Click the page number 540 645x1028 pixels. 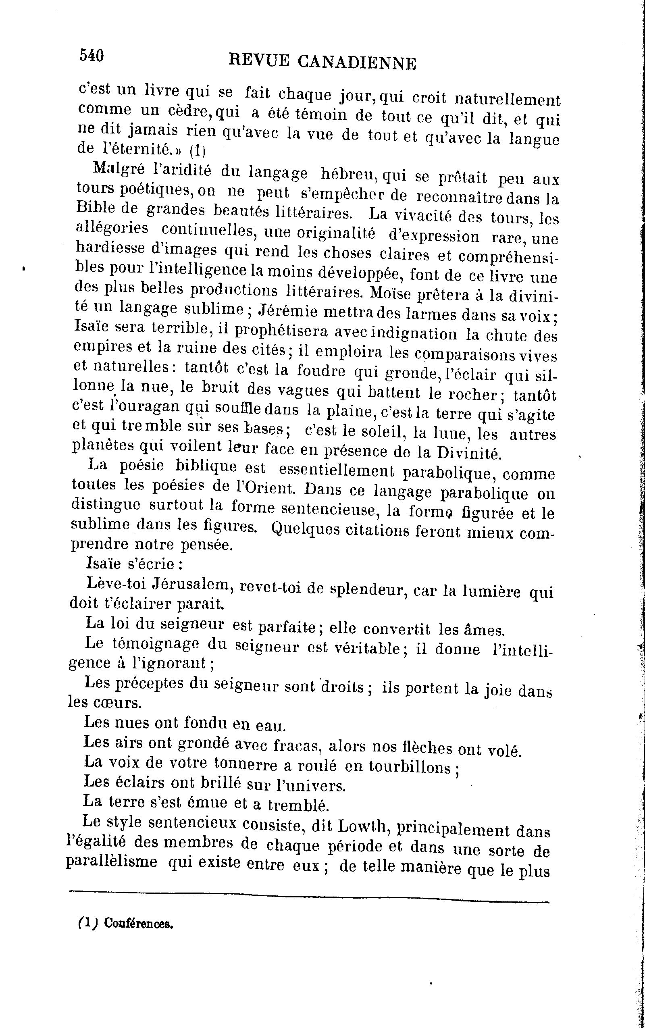(x=91, y=56)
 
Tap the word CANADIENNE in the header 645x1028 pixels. (x=356, y=63)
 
